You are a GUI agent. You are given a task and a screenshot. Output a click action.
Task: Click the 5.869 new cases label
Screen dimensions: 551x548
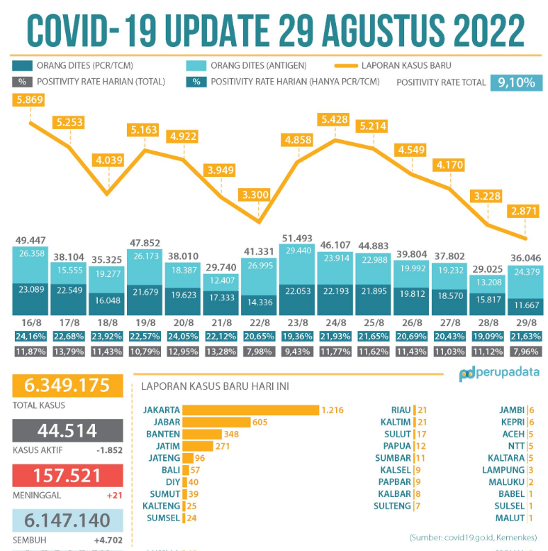tap(29, 101)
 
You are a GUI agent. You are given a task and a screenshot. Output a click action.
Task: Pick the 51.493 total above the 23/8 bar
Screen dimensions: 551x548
tap(298, 237)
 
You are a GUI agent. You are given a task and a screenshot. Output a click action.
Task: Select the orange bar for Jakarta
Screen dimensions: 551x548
tap(250, 410)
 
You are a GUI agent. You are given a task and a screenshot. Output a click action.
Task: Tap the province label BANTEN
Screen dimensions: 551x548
tap(162, 434)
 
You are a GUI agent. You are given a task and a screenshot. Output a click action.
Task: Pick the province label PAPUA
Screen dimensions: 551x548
tap(398, 446)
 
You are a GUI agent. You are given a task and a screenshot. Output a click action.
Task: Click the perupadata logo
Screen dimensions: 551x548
tap(498, 373)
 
